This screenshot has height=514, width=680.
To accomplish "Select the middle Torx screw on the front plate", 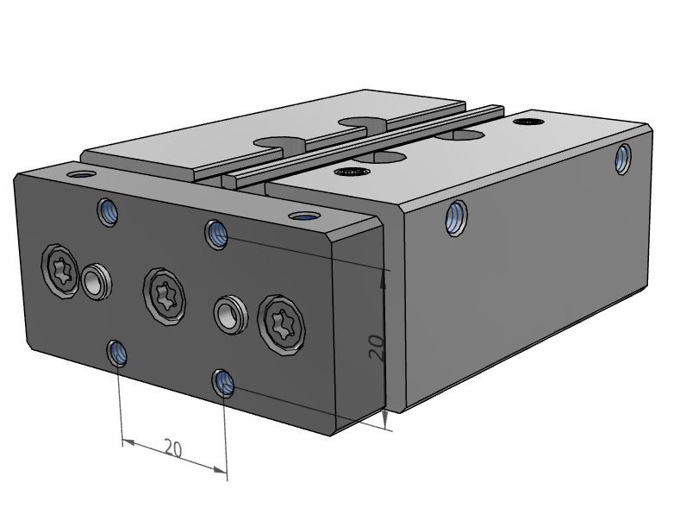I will click(x=165, y=294).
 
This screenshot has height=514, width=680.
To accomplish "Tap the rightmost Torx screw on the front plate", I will click(x=283, y=326).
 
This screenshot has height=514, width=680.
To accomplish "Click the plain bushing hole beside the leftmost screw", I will click(x=95, y=282).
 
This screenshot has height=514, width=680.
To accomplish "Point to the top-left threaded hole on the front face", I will click(x=109, y=211).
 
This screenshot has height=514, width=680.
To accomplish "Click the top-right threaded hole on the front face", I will click(x=216, y=233).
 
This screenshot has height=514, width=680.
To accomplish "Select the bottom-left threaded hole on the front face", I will click(x=118, y=352).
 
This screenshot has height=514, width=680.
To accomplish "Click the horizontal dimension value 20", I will click(x=172, y=448).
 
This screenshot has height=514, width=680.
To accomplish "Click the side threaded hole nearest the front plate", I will click(x=456, y=216).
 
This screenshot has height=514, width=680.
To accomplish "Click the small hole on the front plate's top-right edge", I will click(x=302, y=216).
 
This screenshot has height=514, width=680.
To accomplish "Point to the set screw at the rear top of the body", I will click(x=527, y=122).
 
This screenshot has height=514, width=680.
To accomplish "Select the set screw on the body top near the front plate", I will click(x=350, y=172).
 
